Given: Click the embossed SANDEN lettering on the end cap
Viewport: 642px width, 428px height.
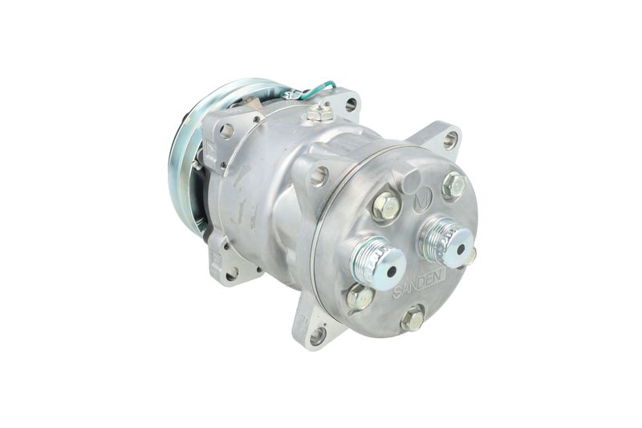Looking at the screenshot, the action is (419, 285).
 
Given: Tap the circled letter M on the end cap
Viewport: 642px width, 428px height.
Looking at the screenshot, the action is (422, 202).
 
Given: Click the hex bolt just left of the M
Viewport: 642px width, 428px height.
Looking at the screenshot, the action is (386, 206).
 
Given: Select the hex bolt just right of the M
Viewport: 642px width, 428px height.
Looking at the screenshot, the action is (454, 185).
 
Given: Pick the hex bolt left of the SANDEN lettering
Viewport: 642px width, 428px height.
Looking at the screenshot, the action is (360, 296).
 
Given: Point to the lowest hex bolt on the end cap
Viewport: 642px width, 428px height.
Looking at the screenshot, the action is (412, 317).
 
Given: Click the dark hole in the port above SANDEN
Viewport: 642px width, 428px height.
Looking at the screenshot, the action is (392, 271).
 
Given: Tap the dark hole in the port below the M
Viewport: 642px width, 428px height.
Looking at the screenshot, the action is (461, 249).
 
